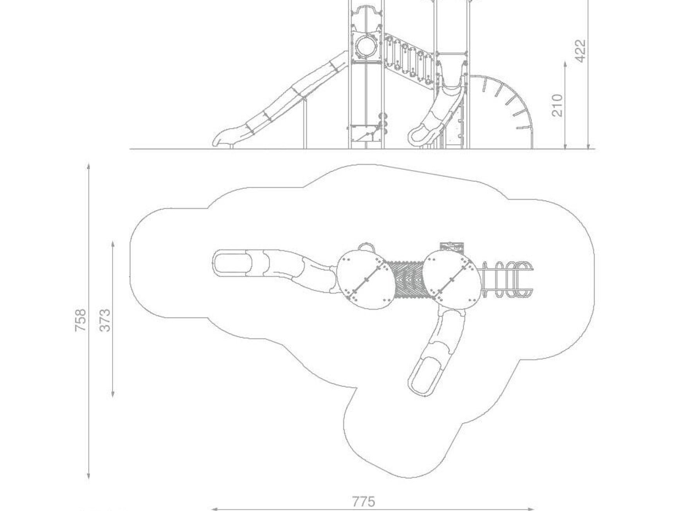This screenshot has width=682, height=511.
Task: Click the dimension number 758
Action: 80,320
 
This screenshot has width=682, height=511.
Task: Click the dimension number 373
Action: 105,320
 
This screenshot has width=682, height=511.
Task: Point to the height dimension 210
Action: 557,105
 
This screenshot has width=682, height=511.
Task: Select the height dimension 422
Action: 581,51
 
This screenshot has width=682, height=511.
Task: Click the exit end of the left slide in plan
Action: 231,263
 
